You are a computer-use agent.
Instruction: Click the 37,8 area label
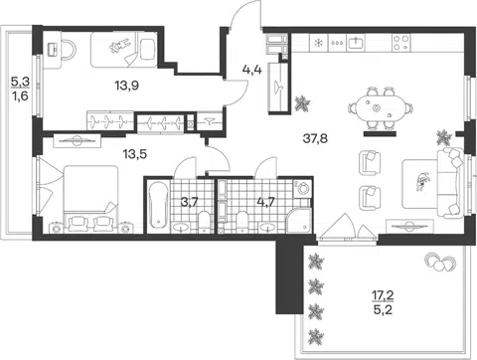tap(315, 138)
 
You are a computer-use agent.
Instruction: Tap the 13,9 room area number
tap(127, 86)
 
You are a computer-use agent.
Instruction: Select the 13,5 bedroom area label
tap(135, 154)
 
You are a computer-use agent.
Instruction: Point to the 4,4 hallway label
tap(252, 70)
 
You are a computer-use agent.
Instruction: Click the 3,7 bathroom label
tap(190, 202)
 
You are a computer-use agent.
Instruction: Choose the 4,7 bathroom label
tap(266, 202)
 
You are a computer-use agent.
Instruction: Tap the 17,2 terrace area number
tap(384, 295)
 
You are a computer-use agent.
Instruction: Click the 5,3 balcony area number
tap(21, 82)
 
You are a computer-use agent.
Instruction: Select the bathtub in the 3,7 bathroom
tap(158, 205)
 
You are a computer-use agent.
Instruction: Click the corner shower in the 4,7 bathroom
tap(299, 220)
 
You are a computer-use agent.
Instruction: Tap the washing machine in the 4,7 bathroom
tap(302, 189)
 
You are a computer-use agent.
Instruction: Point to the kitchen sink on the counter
tap(356, 43)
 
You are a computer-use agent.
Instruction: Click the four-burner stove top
tap(401, 43)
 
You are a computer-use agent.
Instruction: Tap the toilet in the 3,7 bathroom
tap(205, 222)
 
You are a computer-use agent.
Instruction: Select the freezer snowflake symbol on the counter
tap(319, 43)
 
